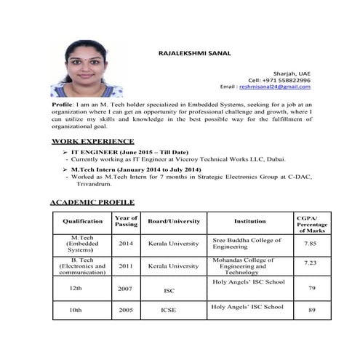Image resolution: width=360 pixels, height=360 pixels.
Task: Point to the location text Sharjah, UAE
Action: (291, 73)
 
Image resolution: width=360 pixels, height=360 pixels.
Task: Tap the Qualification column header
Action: (82, 221)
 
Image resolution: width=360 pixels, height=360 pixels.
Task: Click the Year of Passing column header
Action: (126, 221)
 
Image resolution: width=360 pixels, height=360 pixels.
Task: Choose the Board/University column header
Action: (173, 221)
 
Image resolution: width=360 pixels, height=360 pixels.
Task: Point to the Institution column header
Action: (249, 221)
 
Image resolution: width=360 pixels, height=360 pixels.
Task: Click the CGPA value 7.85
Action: (310, 244)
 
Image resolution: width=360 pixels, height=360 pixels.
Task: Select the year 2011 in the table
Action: (126, 266)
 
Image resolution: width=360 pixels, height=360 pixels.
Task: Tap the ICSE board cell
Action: (169, 310)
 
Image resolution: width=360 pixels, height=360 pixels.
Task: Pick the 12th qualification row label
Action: (75, 289)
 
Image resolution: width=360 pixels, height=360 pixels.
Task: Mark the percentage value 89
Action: (311, 311)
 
